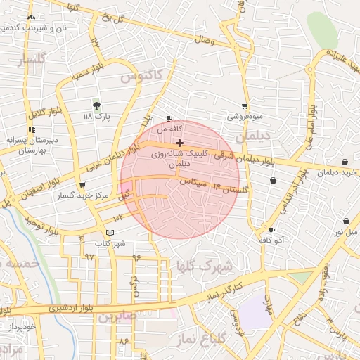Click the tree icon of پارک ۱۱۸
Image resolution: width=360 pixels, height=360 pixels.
tap(96, 105)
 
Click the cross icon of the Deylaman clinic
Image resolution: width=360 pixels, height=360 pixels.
tap(180, 143)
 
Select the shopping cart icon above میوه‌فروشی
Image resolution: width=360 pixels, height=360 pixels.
tap(245, 105)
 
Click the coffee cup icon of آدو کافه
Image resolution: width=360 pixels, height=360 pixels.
tap(271, 230)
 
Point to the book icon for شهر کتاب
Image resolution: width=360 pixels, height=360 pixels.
tap(109, 233)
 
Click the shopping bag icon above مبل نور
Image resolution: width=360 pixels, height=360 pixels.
tap(345, 220)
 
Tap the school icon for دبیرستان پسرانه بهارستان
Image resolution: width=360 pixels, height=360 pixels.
tap(31, 129)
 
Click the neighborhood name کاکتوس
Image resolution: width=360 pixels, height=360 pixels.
tap(145, 75)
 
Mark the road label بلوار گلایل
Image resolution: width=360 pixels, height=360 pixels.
tap(37, 110)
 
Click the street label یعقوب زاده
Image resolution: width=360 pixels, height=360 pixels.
tap(324, 271)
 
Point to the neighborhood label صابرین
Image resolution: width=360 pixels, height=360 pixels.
tap(115, 317)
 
